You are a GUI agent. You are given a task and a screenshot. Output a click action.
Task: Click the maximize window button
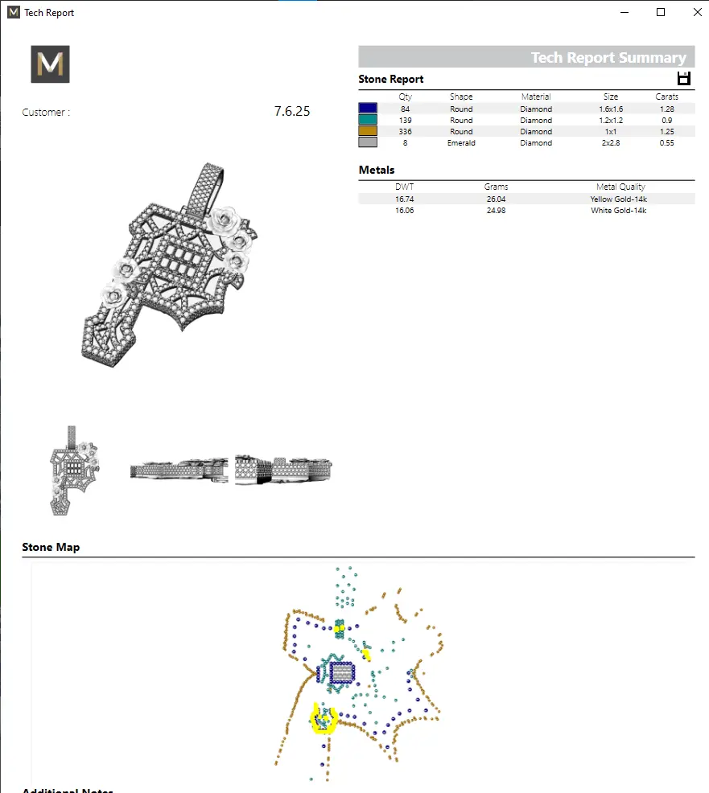click(661, 12)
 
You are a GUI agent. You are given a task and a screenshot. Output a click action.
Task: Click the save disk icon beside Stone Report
click(684, 78)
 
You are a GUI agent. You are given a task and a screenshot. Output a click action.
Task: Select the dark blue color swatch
click(368, 109)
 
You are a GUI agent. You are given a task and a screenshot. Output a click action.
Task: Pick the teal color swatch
click(368, 120)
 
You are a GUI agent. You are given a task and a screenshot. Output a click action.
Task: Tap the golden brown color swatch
click(368, 131)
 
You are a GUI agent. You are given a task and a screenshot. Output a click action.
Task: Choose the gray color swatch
click(368, 142)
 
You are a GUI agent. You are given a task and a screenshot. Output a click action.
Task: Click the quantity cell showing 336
click(405, 131)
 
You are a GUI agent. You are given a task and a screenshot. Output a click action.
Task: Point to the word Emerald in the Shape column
click(461, 142)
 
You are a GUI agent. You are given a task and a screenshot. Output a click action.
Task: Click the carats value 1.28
click(666, 109)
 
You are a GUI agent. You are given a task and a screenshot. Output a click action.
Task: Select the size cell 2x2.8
click(611, 142)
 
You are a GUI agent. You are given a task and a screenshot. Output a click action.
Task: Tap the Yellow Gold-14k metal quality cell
click(620, 199)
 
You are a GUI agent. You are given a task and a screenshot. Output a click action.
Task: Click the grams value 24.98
click(496, 210)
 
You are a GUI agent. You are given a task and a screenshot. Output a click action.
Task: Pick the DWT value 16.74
click(404, 199)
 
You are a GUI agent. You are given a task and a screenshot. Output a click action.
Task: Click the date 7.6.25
click(291, 112)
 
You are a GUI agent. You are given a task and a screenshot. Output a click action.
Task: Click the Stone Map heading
click(51, 547)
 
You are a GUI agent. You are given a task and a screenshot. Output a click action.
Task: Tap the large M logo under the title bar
click(50, 64)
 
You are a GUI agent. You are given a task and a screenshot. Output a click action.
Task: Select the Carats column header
click(666, 97)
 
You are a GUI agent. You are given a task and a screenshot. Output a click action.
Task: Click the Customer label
click(46, 113)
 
